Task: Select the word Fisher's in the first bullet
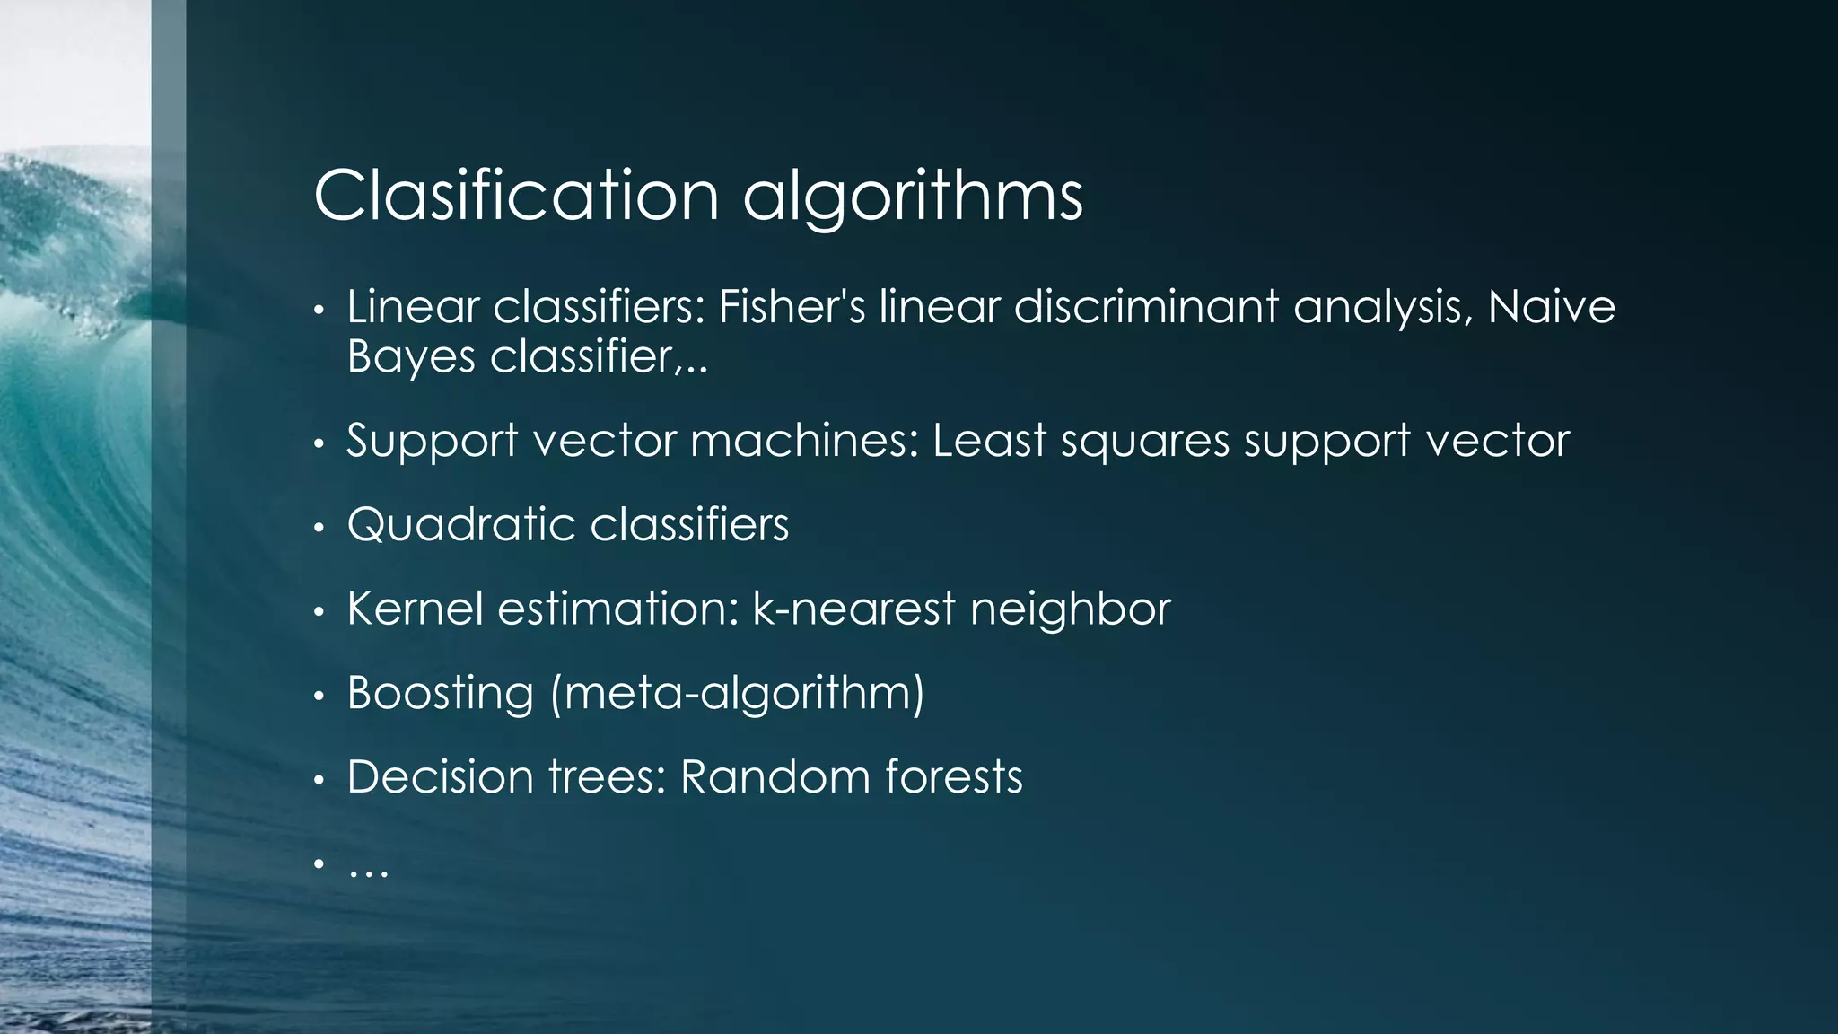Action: click(x=792, y=307)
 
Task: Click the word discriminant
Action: click(x=1146, y=307)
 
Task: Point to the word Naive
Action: click(x=1552, y=307)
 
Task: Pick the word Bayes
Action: click(x=410, y=358)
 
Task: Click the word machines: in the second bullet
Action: click(x=804, y=441)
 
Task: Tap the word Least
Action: click(x=989, y=441)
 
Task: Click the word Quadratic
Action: click(x=460, y=525)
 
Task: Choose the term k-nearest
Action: click(x=853, y=609)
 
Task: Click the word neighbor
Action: click(x=1071, y=610)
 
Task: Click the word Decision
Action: click(x=440, y=777)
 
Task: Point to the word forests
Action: click(x=954, y=777)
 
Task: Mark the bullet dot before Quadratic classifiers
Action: click(x=318, y=528)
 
